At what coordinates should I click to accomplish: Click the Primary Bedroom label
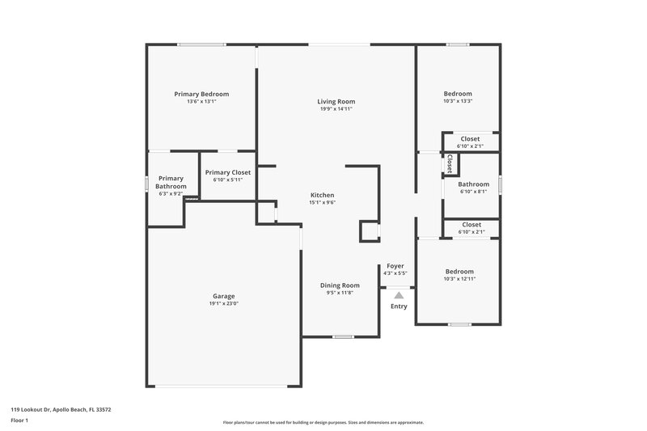coord(201,94)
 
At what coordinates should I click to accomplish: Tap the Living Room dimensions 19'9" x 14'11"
coord(336,108)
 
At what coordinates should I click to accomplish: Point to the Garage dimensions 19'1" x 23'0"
coord(224,303)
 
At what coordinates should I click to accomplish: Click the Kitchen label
coord(322,195)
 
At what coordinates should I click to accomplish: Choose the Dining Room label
coord(340,285)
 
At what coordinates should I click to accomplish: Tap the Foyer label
coord(395,266)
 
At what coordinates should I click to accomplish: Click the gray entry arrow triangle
coord(399,296)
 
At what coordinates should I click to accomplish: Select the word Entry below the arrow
coord(399,306)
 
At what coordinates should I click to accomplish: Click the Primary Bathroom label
coord(171,182)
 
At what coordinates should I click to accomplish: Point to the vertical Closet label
coord(449,163)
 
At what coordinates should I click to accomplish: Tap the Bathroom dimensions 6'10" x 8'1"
coord(473,192)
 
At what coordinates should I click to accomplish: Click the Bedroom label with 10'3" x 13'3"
coord(458,94)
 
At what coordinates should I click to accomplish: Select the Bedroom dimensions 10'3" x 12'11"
coord(459,279)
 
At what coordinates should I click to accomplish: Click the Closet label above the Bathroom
coord(470,139)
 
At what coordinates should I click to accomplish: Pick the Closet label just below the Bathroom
coord(470,225)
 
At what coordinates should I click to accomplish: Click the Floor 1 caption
coord(20,421)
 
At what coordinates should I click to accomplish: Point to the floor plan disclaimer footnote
coord(323,422)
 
